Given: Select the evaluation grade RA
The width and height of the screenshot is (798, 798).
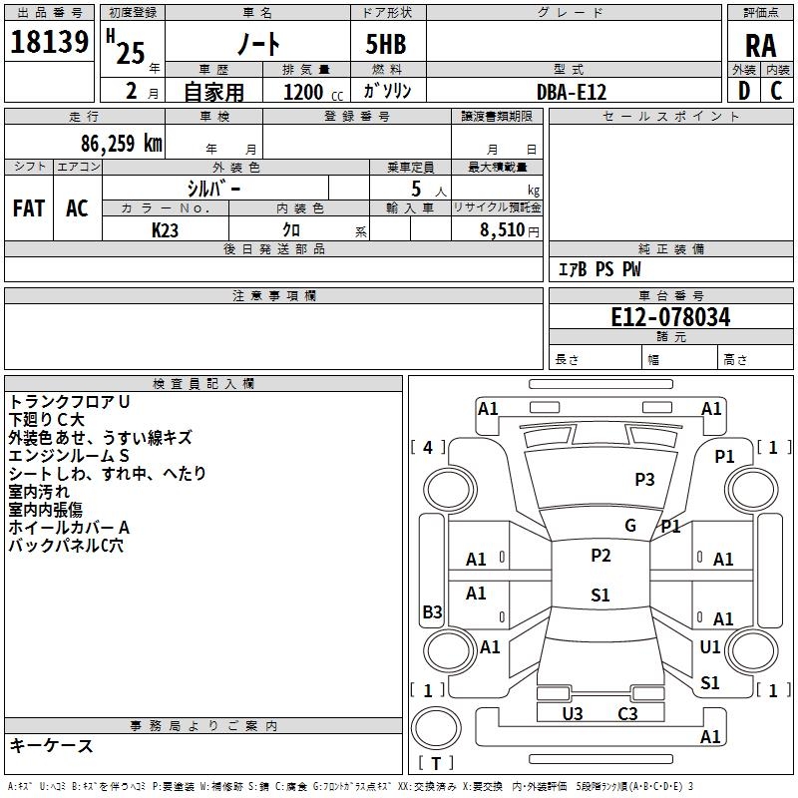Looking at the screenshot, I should click(x=760, y=46).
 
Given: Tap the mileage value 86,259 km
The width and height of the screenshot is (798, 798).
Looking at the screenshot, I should click(x=121, y=144).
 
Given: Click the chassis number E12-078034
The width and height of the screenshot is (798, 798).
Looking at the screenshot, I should click(x=670, y=318).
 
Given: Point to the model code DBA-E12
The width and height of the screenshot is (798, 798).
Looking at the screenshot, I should click(x=572, y=92).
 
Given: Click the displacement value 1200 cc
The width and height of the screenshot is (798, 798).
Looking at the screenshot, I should click(x=312, y=93).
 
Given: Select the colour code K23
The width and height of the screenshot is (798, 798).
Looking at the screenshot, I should click(x=166, y=229).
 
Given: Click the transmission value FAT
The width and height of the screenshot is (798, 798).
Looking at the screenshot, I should click(x=29, y=208).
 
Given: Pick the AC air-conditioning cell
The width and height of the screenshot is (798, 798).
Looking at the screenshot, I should click(x=77, y=208).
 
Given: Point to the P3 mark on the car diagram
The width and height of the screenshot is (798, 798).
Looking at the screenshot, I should click(x=644, y=480).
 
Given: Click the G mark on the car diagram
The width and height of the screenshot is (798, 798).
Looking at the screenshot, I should click(x=630, y=526).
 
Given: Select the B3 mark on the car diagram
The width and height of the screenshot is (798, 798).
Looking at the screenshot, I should click(x=432, y=612).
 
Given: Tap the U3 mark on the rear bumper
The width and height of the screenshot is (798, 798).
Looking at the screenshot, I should click(x=573, y=713).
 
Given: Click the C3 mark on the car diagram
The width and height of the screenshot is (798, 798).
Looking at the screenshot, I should click(x=627, y=713).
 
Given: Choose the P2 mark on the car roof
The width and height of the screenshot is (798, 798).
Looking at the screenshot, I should click(x=600, y=556).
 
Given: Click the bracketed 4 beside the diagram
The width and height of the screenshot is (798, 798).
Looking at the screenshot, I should click(x=428, y=448).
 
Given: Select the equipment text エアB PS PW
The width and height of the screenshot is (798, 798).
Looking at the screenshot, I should click(x=598, y=269).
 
